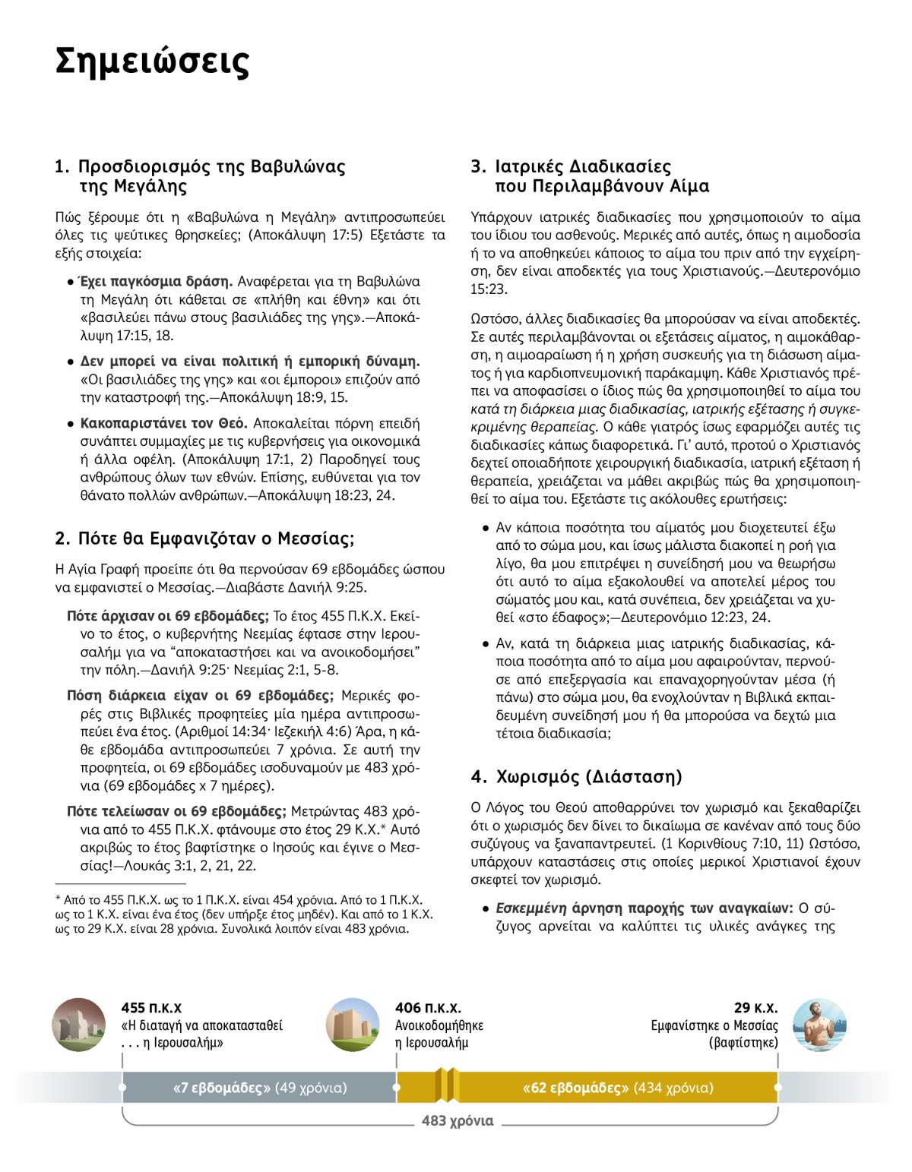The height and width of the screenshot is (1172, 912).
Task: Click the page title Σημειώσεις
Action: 152,61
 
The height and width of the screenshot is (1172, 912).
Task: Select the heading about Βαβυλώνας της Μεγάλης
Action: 201,176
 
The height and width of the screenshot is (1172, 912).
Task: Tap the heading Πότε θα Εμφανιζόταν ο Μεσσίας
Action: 204,539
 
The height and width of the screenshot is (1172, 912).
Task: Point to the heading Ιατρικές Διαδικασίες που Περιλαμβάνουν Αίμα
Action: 591,176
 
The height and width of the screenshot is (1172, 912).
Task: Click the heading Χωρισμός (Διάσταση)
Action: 577,776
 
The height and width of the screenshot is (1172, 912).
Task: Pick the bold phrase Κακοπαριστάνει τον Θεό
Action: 164,423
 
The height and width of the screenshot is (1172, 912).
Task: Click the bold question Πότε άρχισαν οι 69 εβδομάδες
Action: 167,616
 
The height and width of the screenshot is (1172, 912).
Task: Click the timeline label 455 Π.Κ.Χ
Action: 151,1008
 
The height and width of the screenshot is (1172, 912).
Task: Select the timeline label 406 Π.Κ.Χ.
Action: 428,1008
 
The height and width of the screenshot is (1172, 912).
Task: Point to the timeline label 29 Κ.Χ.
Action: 755,1008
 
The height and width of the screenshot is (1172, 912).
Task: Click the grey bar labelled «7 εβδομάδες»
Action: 259,1088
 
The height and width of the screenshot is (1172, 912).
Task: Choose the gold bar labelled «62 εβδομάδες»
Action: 617,1088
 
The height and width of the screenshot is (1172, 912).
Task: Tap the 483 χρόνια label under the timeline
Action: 458,1120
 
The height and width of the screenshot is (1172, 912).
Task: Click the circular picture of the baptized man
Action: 819,1025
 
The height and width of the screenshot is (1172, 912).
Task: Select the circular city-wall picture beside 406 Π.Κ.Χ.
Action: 352,1025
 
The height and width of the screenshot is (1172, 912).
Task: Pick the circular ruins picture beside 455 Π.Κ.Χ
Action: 79,1025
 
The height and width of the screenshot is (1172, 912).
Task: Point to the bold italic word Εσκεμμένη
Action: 531,908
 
